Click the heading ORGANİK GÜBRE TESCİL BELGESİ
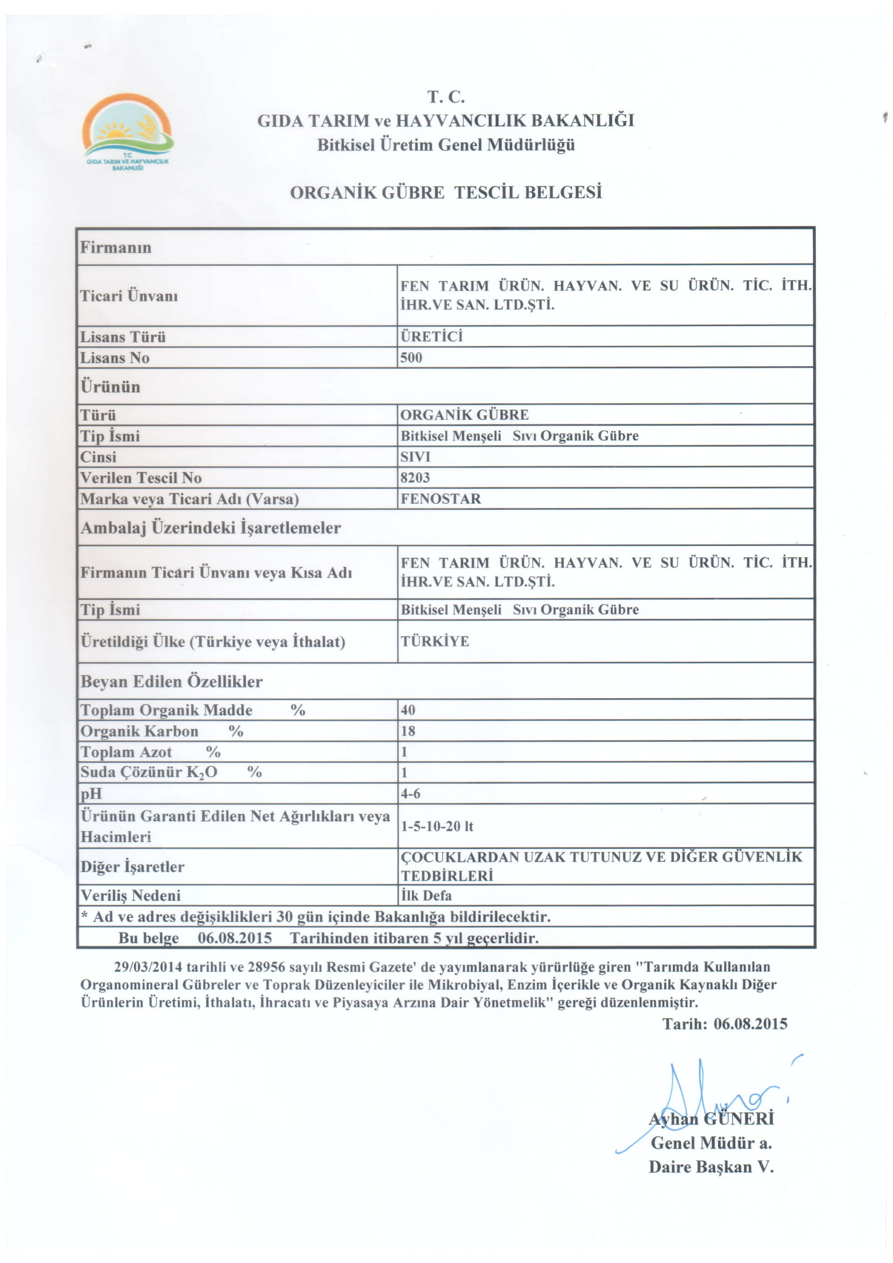(x=446, y=193)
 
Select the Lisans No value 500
(x=411, y=357)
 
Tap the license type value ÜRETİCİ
(x=431, y=336)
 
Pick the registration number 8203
(x=415, y=477)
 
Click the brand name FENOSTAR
(x=440, y=498)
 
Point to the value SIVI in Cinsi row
(x=415, y=457)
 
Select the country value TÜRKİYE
(x=435, y=641)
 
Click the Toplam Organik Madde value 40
(x=408, y=710)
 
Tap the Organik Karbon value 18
(x=408, y=731)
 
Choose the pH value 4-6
(x=411, y=793)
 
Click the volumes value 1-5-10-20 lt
(x=437, y=826)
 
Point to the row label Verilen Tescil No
(x=141, y=477)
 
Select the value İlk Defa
(x=426, y=895)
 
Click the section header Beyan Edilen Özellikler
(x=172, y=681)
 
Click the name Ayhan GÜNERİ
(x=711, y=1119)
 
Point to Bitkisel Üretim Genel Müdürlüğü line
(x=446, y=145)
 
